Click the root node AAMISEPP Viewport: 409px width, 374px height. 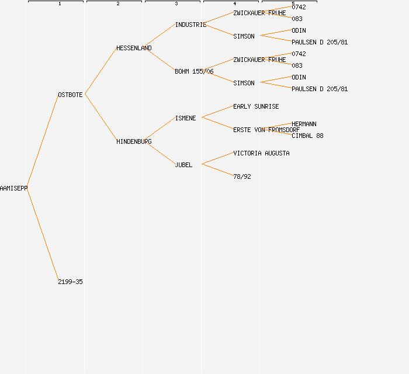click(13, 188)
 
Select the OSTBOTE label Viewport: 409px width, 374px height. click(70, 95)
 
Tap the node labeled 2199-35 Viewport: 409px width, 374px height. click(70, 282)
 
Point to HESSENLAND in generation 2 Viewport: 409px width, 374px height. click(134, 48)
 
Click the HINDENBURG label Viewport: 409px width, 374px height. click(134, 141)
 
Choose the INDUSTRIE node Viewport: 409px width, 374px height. click(190, 25)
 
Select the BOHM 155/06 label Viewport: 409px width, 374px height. click(194, 71)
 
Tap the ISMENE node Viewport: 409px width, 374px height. click(185, 118)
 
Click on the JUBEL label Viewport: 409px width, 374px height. click(183, 165)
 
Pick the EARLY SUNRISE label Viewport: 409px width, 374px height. click(256, 106)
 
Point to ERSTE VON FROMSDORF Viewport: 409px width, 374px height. click(266, 130)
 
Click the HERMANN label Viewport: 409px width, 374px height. click(304, 124)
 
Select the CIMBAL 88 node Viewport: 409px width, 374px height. click(307, 136)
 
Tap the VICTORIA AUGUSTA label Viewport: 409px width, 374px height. click(261, 153)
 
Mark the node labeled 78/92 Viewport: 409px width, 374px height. click(242, 176)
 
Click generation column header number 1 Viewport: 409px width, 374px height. click(60, 4)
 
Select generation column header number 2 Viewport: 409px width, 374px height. click(118, 4)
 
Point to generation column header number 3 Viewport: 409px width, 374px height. click(176, 4)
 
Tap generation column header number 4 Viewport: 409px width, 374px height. click(235, 4)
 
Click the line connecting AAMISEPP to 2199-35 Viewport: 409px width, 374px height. click(43, 235)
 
